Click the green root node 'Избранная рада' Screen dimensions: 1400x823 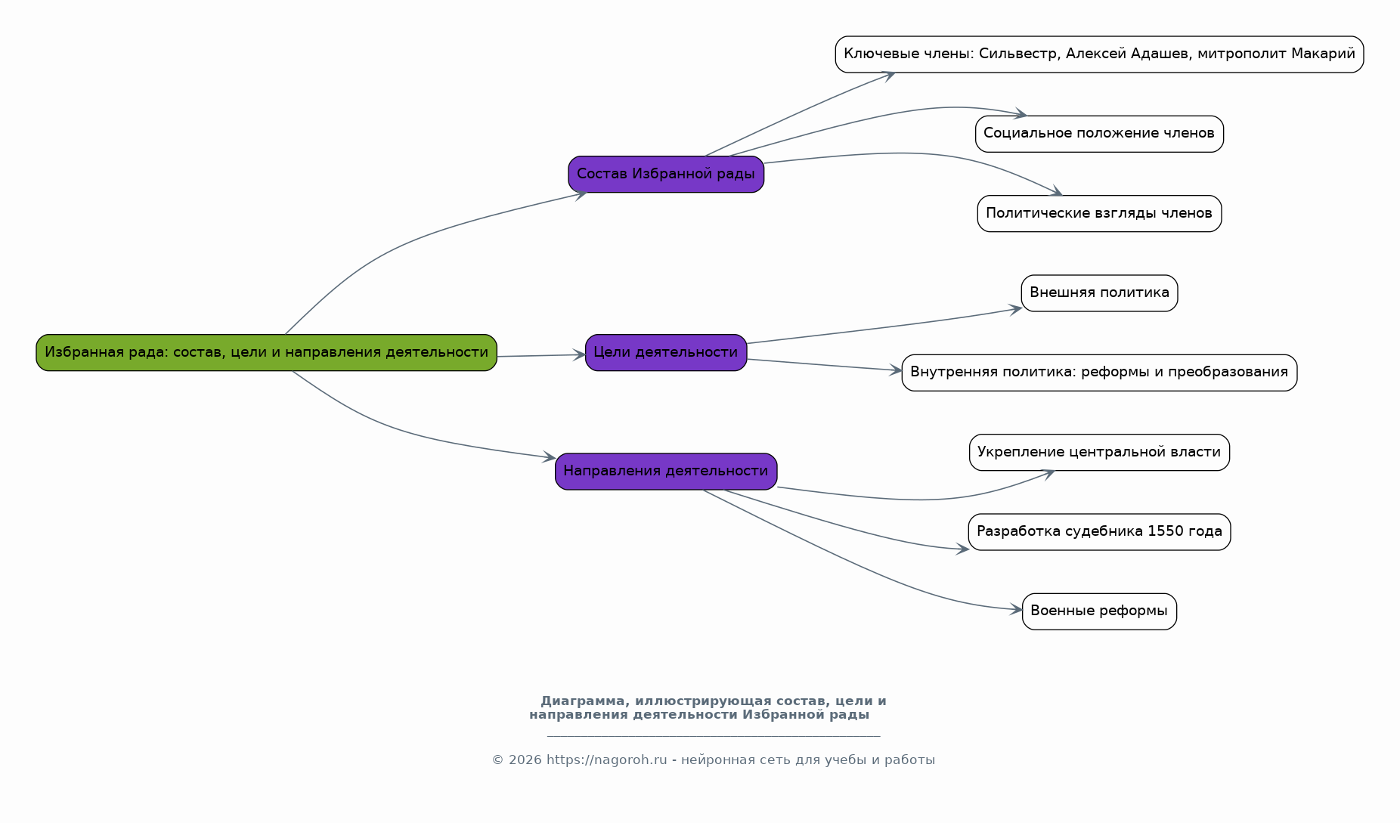coord(266,352)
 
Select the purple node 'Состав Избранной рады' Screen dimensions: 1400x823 coord(666,175)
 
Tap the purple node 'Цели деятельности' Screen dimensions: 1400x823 coord(666,352)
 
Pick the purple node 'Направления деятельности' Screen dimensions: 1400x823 coord(666,472)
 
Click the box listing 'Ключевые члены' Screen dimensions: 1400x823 coord(1099,54)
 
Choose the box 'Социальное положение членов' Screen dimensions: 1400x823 coord(1099,134)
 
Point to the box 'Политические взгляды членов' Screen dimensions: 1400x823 coord(1099,213)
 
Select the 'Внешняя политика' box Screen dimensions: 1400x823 coord(1099,293)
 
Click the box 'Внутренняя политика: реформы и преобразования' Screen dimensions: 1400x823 coord(1099,373)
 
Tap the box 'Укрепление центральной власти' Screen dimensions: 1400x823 coord(1099,452)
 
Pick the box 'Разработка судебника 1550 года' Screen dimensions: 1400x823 coord(1099,532)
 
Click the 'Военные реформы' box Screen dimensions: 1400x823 coord(1099,611)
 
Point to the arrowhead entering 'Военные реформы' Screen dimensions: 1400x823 coord(1016,609)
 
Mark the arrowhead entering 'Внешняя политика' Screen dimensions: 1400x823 coord(1015,308)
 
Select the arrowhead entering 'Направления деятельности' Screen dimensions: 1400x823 coord(549,457)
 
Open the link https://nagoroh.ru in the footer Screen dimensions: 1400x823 coord(607,760)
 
